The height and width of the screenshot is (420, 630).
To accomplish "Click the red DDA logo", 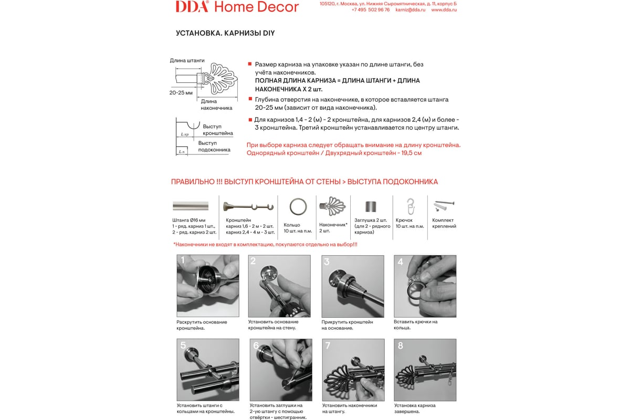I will click(x=192, y=6).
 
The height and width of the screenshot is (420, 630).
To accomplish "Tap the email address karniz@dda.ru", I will click(x=411, y=10).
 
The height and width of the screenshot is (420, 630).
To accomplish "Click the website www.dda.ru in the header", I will click(x=444, y=10).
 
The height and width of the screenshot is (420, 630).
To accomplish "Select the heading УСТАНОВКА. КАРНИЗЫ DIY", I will click(x=225, y=33).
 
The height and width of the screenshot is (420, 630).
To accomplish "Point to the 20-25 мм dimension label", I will click(x=181, y=92).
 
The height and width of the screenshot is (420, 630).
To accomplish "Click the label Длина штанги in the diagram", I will click(x=187, y=60).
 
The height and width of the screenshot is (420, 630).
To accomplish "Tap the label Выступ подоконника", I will click(x=214, y=146).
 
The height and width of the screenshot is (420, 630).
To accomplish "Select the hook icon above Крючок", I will click(x=411, y=206).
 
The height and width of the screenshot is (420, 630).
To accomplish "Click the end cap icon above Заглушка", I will click(x=372, y=206).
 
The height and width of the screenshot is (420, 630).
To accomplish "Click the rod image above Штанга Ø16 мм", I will click(x=191, y=206).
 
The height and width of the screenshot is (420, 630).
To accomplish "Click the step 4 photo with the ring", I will click(x=425, y=286).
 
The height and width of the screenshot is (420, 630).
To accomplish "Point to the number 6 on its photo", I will click(x=256, y=345).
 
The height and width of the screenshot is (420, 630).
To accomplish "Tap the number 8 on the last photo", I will click(x=401, y=345).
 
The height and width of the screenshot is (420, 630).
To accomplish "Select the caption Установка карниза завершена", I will click(x=415, y=408).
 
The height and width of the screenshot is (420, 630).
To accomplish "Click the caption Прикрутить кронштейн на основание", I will click(x=347, y=325).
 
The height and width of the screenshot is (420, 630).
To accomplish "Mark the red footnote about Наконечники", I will click(x=265, y=244).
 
